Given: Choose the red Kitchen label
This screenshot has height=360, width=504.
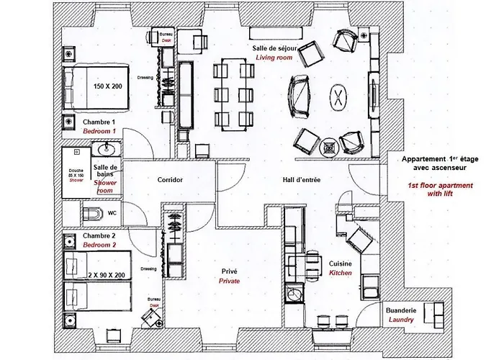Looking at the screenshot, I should pyautogui.click(x=341, y=274).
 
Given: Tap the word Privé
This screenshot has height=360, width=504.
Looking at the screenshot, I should pyautogui.click(x=228, y=271).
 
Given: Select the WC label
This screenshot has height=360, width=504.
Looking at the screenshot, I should pyautogui.click(x=112, y=213).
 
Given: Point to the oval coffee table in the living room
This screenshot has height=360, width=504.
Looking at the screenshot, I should pyautogui.click(x=337, y=97).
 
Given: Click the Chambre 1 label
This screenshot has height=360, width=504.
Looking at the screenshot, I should pyautogui.click(x=98, y=122).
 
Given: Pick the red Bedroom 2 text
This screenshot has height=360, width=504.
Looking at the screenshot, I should pyautogui.click(x=98, y=246).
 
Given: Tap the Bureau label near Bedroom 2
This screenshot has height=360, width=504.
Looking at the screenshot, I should pyautogui.click(x=153, y=300).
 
